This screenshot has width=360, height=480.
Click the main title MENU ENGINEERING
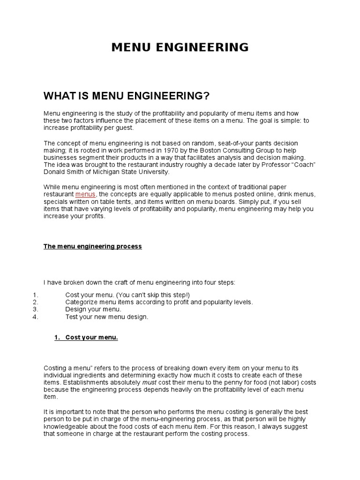tap(180, 47)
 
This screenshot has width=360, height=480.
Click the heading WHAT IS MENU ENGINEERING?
tap(126, 97)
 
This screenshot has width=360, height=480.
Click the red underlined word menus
tap(85, 194)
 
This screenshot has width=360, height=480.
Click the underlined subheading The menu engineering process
tap(92, 247)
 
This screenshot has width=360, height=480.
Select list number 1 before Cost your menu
tap(36, 295)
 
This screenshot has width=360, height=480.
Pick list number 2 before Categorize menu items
tap(36, 302)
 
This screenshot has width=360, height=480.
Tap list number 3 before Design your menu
tap(36, 309)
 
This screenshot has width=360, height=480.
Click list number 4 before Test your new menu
tap(36, 317)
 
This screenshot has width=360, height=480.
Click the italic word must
tap(149, 382)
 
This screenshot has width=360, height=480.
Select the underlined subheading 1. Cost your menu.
tap(86, 337)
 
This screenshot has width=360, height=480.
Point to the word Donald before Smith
tap(54, 172)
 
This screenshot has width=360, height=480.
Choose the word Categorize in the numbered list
tap(82, 302)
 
